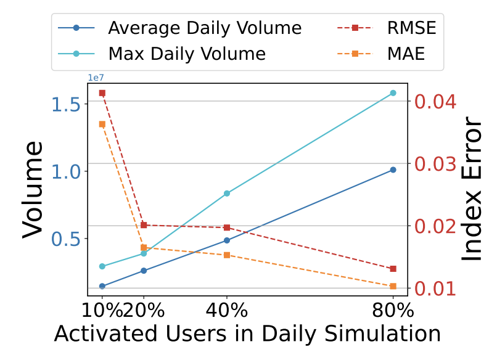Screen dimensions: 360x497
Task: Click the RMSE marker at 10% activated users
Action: click(102, 93)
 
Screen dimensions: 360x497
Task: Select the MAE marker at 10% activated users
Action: click(102, 124)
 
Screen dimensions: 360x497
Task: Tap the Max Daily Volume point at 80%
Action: click(393, 93)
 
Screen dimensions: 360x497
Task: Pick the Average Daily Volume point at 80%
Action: click(393, 170)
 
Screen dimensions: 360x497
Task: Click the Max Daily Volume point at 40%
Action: click(227, 194)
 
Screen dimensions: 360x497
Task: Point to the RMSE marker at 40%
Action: click(227, 227)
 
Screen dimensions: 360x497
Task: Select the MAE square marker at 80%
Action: click(393, 286)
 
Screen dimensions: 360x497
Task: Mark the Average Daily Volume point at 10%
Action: click(102, 286)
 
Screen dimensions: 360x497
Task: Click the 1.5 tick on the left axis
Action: click(67, 104)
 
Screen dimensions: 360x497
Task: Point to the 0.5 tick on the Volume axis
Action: click(67, 239)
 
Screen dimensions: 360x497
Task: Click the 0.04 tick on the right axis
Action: click(435, 101)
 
